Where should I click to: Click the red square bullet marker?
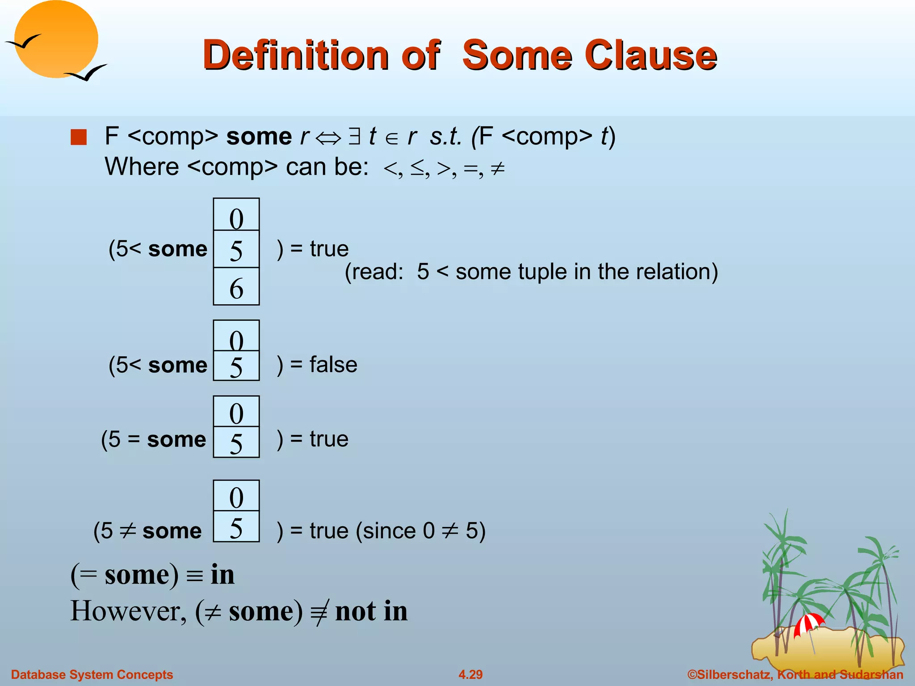click(x=79, y=137)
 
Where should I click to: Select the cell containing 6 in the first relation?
click(x=236, y=287)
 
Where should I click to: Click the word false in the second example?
click(x=333, y=364)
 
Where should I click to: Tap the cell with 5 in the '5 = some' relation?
click(x=236, y=443)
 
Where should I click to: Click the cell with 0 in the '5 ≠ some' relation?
click(x=236, y=496)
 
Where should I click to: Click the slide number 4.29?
click(x=470, y=674)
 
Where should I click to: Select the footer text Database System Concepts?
click(x=92, y=674)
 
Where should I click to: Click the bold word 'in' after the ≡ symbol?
click(x=222, y=574)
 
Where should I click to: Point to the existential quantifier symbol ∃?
click(x=354, y=137)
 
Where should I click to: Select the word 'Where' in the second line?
click(x=142, y=167)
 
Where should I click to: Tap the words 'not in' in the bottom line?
click(x=371, y=611)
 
